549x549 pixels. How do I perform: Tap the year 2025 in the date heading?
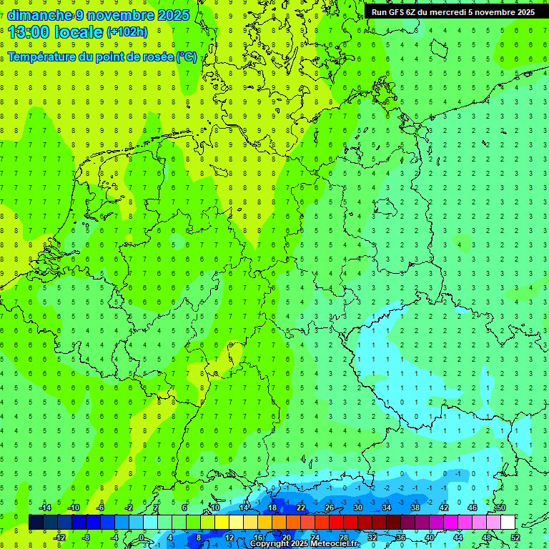pos(172,15)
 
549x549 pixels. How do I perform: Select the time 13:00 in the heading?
pos(32,31)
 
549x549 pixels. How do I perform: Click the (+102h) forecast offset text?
pos(127,32)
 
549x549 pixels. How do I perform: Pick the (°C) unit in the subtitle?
pos(187,56)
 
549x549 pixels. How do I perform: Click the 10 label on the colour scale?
pos(214,508)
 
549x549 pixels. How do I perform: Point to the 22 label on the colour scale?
pos(300,508)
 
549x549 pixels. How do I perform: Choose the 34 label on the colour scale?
pos(386,508)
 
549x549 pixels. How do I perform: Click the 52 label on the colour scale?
pos(515,537)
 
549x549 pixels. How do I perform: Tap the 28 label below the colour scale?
pos(343,537)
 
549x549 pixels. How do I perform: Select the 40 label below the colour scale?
pos(429,537)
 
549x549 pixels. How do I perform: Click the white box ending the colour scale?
pos(508,522)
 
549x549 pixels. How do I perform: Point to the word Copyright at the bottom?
pos(269,544)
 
